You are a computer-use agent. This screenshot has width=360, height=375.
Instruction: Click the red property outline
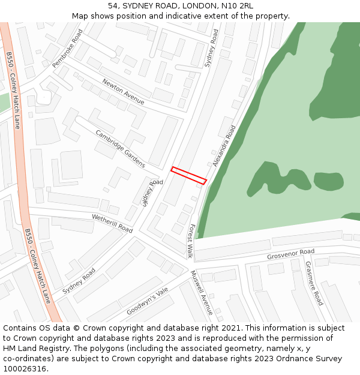pyautogui.click(x=188, y=175)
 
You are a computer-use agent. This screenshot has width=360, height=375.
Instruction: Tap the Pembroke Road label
pyautogui.click(x=67, y=48)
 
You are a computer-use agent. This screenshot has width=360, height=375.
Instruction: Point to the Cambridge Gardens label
pyautogui.click(x=120, y=148)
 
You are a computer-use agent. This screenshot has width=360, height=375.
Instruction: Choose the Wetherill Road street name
pyautogui.click(x=112, y=223)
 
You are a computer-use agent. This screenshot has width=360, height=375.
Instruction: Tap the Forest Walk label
pyautogui.click(x=190, y=241)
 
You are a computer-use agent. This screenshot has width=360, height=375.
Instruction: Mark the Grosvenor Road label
pyautogui.click(x=290, y=255)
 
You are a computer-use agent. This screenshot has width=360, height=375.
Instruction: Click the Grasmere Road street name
pyautogui.click(x=314, y=283)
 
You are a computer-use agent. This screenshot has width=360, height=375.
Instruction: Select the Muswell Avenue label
pyautogui.click(x=201, y=292)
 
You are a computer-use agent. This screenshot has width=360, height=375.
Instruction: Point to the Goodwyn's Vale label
pyautogui.click(x=147, y=301)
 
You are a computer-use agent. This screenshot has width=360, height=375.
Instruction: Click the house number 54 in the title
pyautogui.click(x=113, y=6)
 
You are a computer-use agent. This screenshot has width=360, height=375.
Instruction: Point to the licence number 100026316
pyautogui.click(x=25, y=369)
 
